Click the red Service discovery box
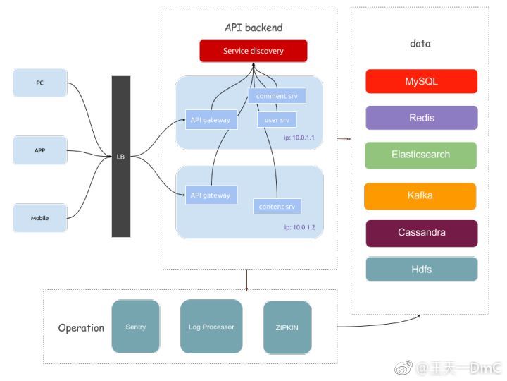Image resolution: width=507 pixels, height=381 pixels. point(254,51)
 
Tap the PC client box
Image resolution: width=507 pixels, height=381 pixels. point(40,83)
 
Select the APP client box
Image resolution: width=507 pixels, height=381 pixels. point(40,150)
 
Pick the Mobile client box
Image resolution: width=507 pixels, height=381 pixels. point(40,218)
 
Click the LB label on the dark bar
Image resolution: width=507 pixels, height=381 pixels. point(120,157)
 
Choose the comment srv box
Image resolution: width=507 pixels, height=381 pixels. point(277,96)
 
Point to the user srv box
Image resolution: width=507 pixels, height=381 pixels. point(277,120)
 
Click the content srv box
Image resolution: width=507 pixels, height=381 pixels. point(277,206)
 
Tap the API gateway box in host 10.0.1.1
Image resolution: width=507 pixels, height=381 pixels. point(211,120)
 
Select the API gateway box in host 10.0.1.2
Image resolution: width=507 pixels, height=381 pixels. point(211,195)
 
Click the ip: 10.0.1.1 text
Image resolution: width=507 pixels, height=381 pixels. point(299,138)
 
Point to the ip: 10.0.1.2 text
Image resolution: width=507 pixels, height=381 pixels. point(300,227)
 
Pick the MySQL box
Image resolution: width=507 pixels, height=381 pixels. point(422,81)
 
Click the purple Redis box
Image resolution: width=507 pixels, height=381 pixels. point(422,118)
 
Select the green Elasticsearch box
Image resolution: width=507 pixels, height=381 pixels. point(420,155)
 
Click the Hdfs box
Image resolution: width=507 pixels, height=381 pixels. point(422,270)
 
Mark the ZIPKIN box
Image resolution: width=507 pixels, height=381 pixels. point(287,328)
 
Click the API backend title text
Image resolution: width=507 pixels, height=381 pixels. point(254,28)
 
